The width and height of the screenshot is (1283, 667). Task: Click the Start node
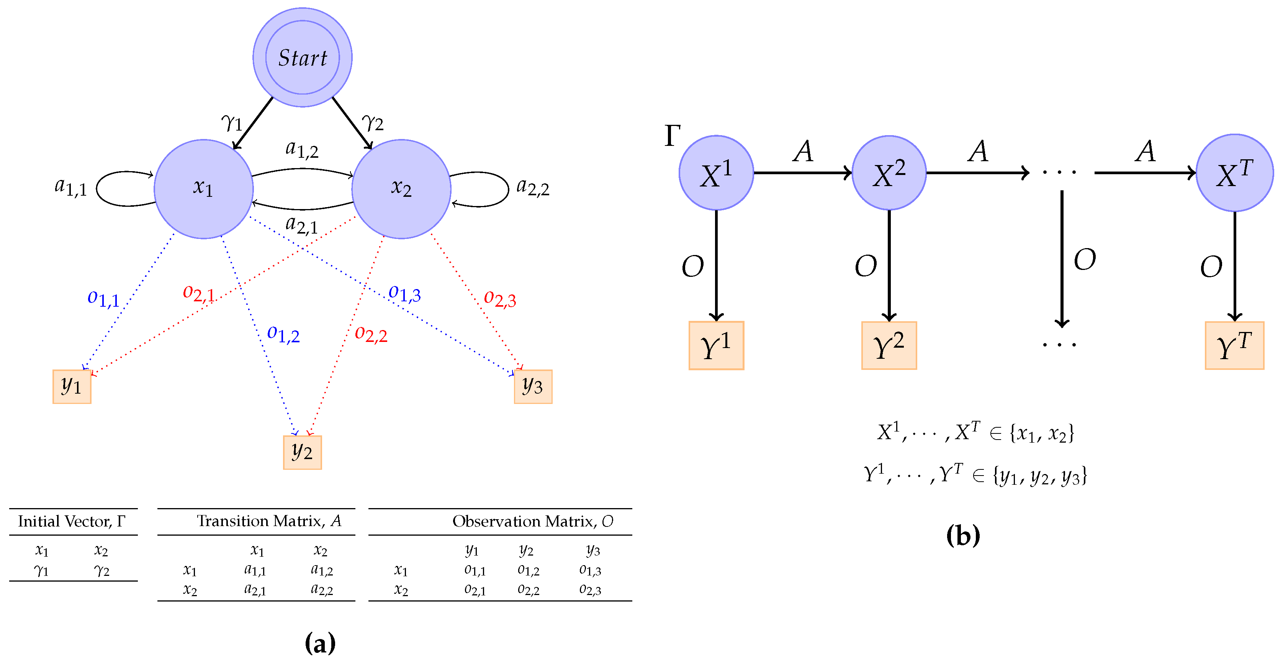point(302,57)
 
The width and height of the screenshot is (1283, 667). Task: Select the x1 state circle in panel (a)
point(203,189)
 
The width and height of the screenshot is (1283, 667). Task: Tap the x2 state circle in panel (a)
point(401,189)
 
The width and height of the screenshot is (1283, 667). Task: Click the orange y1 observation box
point(72,386)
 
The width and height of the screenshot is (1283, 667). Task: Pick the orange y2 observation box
point(302,452)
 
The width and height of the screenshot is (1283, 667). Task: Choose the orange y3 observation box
point(533,386)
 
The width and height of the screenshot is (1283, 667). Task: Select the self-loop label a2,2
point(532,187)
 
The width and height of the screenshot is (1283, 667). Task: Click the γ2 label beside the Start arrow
point(373,121)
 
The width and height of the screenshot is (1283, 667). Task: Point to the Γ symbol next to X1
point(673,136)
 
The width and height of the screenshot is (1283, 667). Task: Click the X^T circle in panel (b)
point(1234,173)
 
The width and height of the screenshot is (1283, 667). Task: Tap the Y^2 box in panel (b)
point(889,345)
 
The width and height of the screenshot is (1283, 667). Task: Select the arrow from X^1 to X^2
point(802,173)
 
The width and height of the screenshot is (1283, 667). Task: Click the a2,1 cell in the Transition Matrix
point(255,589)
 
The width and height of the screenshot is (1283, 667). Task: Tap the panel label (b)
point(963,535)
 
